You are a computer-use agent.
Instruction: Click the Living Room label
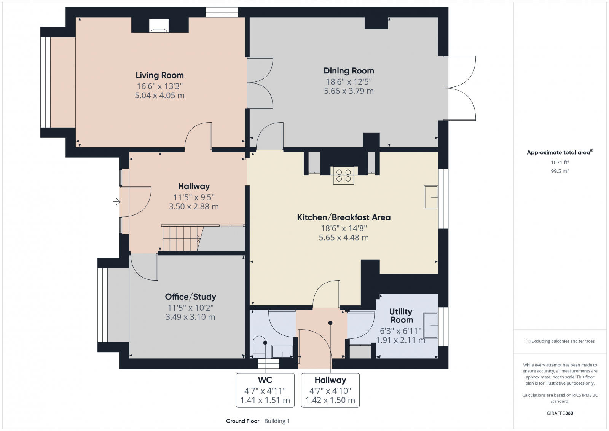tap(159, 75)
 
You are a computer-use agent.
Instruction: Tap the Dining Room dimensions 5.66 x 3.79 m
tap(349, 91)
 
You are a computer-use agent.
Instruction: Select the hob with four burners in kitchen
tap(343, 176)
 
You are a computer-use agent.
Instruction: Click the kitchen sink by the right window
tap(431, 197)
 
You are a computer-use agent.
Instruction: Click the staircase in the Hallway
tap(181, 239)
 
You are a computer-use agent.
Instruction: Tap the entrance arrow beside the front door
tap(116, 202)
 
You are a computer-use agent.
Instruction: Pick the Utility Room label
tap(401, 316)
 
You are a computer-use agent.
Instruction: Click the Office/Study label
tap(190, 297)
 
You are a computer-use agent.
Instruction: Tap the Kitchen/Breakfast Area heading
tap(344, 217)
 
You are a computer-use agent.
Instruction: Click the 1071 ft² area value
tap(560, 162)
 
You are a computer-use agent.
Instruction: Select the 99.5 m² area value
tap(560, 171)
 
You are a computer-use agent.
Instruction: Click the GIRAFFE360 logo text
tap(560, 413)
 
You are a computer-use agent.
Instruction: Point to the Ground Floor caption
tap(242, 421)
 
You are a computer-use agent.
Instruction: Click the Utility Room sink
tap(431, 326)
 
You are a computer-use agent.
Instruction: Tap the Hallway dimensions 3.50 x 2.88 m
tap(194, 207)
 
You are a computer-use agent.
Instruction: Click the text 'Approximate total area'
tap(558, 152)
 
